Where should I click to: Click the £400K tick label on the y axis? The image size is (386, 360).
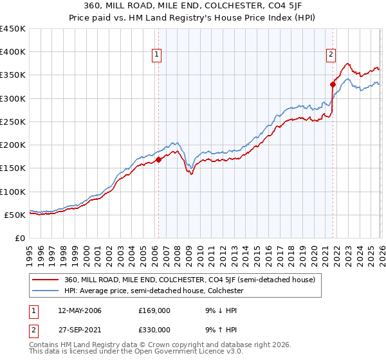pos(13,52)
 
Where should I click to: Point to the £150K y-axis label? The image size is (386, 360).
pos(13,168)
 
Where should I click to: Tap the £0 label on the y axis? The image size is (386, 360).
pos(21,239)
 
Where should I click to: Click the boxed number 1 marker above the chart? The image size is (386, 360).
pos(158,55)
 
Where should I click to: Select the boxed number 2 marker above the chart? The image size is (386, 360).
pos(331,55)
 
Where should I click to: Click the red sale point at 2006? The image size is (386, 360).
pos(158,159)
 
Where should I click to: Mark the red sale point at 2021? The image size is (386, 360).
pos(333,84)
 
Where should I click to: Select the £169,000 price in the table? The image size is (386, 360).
pos(154,310)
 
